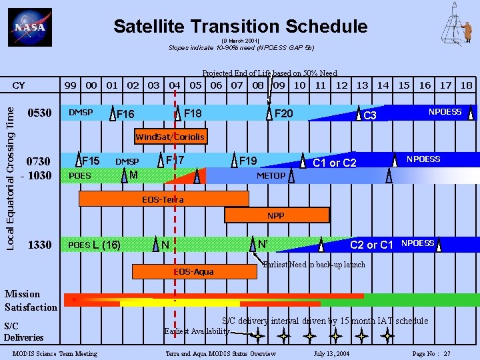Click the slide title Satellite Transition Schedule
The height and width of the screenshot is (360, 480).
[240, 26]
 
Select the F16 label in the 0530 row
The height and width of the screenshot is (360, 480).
[125, 114]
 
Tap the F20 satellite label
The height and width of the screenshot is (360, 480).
[283, 113]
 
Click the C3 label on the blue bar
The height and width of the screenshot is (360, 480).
[370, 116]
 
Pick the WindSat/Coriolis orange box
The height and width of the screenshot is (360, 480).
[170, 137]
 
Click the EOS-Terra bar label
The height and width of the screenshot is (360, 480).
[163, 199]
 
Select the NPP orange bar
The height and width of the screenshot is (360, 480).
[276, 216]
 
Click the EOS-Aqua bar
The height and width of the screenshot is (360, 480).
[193, 272]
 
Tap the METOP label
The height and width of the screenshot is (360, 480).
[271, 176]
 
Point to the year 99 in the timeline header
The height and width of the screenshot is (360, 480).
[69, 85]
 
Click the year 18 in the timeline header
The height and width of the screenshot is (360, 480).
[466, 85]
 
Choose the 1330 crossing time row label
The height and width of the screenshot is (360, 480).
[39, 245]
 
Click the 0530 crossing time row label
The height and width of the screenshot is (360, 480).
[39, 113]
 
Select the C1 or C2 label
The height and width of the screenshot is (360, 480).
[335, 163]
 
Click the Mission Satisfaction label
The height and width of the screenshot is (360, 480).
[31, 301]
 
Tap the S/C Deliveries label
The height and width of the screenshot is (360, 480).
[23, 331]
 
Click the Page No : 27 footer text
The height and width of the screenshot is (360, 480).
[431, 353]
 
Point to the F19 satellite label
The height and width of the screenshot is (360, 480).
[248, 161]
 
